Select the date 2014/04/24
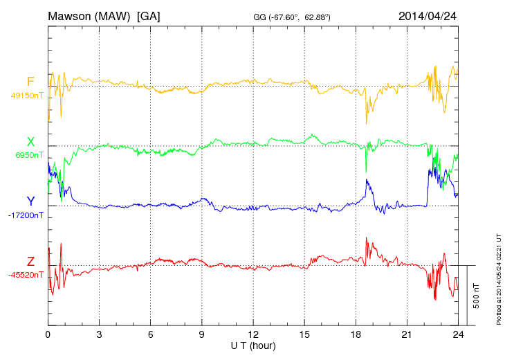(x=428, y=15)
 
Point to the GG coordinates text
(x=292, y=17)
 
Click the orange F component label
(x=30, y=82)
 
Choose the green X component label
(x=30, y=142)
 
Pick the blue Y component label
(x=30, y=201)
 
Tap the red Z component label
(x=30, y=262)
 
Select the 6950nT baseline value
(x=29, y=155)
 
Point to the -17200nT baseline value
(x=27, y=215)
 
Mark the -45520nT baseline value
(x=27, y=275)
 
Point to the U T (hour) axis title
(x=253, y=345)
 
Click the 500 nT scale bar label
(x=477, y=295)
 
